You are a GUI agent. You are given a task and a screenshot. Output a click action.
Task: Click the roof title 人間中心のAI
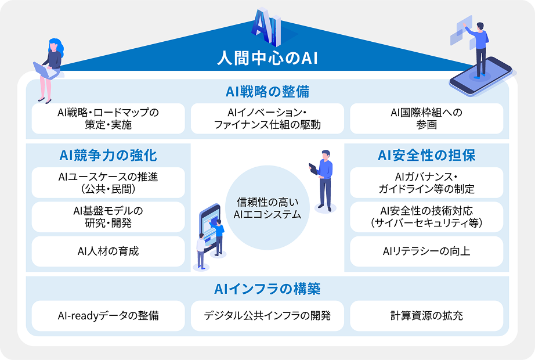click(x=267, y=58)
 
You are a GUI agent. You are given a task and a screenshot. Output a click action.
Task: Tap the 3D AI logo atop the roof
click(x=266, y=27)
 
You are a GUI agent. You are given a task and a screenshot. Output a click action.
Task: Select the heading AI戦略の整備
click(x=267, y=92)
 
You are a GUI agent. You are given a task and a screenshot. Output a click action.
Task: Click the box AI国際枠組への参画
click(x=426, y=118)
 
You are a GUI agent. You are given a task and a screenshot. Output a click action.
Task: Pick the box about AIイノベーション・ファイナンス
click(x=267, y=118)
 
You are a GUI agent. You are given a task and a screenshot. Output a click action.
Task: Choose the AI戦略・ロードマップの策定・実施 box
click(x=108, y=118)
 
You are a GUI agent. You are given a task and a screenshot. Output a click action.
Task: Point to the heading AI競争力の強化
click(x=108, y=156)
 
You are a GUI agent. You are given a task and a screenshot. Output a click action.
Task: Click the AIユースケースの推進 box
click(x=108, y=183)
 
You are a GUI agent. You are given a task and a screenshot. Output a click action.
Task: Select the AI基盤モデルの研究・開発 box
click(x=108, y=217)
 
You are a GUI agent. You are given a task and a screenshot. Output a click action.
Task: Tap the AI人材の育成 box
click(x=108, y=251)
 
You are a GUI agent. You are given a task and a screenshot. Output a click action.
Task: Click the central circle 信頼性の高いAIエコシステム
click(x=267, y=208)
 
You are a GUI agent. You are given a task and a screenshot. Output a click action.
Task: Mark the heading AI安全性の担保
click(x=426, y=156)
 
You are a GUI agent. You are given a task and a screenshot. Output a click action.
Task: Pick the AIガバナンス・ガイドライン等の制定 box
click(x=426, y=183)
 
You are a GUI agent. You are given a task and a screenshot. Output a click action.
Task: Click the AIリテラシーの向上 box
click(x=426, y=251)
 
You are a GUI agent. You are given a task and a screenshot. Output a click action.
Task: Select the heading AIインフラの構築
click(x=267, y=289)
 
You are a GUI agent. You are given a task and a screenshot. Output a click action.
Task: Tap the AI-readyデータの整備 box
click(x=108, y=316)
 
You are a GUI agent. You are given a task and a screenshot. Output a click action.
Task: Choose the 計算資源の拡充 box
click(x=426, y=316)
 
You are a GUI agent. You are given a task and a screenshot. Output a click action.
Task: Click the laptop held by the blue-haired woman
click(x=44, y=71)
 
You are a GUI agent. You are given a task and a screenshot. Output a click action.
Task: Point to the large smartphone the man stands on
click(x=481, y=77)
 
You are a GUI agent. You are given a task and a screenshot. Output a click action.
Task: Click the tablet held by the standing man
click(x=313, y=169)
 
